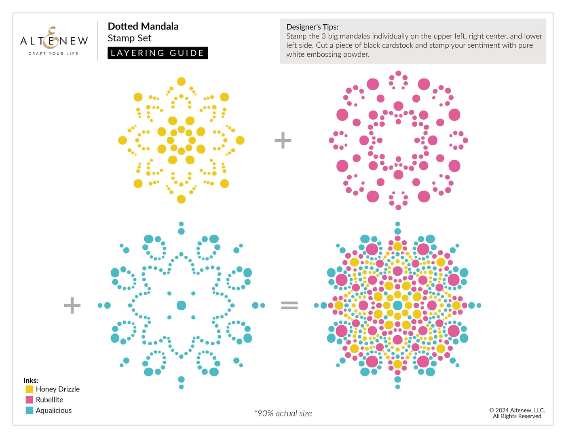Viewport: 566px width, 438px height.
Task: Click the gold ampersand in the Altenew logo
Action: pyautogui.click(x=51, y=37)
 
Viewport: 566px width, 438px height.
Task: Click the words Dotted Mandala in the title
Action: pyautogui.click(x=143, y=26)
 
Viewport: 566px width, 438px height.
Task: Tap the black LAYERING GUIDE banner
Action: pyautogui.click(x=157, y=53)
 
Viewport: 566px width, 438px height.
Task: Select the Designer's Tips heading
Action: pyautogui.click(x=312, y=27)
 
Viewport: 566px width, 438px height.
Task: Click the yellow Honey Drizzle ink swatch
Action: pyautogui.click(x=29, y=389)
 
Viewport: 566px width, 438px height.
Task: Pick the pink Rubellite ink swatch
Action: pyautogui.click(x=29, y=400)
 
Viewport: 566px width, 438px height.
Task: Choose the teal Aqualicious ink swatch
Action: pyautogui.click(x=29, y=410)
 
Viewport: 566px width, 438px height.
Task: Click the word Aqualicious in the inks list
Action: pyautogui.click(x=53, y=410)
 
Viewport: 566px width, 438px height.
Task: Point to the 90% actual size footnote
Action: pyautogui.click(x=283, y=413)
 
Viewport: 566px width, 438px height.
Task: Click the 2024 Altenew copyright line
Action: pyautogui.click(x=517, y=410)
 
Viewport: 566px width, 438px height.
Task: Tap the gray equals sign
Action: pyautogui.click(x=289, y=305)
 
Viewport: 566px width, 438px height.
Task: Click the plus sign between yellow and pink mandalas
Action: pyautogui.click(x=283, y=140)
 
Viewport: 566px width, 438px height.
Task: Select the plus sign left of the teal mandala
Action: pyautogui.click(x=72, y=305)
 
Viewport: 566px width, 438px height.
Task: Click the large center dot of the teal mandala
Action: pyautogui.click(x=181, y=305)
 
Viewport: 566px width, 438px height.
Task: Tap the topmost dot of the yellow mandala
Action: pyautogui.click(x=181, y=81)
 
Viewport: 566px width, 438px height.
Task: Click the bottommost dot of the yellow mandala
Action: pyautogui.click(x=181, y=199)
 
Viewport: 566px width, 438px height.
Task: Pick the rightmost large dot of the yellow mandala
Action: pyautogui.click(x=240, y=140)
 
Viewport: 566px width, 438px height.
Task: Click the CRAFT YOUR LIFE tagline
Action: pyautogui.click(x=53, y=53)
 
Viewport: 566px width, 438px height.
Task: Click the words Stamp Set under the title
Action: pyautogui.click(x=129, y=38)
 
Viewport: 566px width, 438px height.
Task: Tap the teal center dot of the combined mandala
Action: pyautogui.click(x=397, y=305)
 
